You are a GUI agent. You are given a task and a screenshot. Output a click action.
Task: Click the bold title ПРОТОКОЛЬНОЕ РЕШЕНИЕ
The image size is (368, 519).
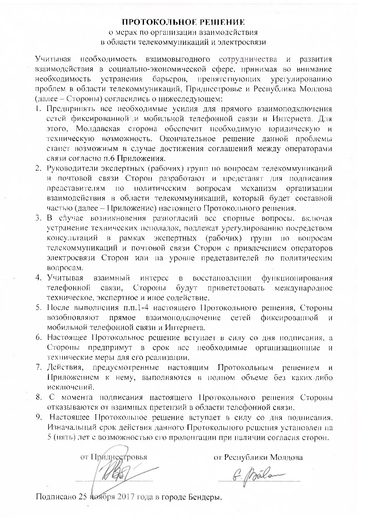[x=184, y=22]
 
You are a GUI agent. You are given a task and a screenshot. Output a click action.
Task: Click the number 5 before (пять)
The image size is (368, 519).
[x=49, y=437]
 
